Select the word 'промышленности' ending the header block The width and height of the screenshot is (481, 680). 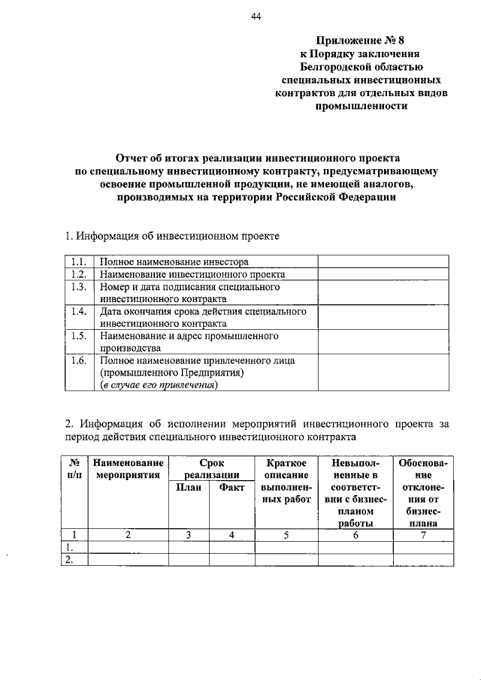pyautogui.click(x=362, y=106)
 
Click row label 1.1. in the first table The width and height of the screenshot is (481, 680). pyautogui.click(x=77, y=262)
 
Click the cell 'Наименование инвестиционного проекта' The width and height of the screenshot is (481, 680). pyautogui.click(x=192, y=274)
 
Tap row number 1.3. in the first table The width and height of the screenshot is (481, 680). pyautogui.click(x=77, y=287)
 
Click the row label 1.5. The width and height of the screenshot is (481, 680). pyautogui.click(x=77, y=335)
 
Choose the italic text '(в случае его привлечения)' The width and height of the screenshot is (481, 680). pyautogui.click(x=159, y=385)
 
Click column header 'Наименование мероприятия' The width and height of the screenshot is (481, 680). pyautogui.click(x=128, y=469)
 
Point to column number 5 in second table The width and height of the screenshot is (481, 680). pyautogui.click(x=286, y=535)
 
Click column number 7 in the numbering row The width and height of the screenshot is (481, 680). pyautogui.click(x=423, y=535)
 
